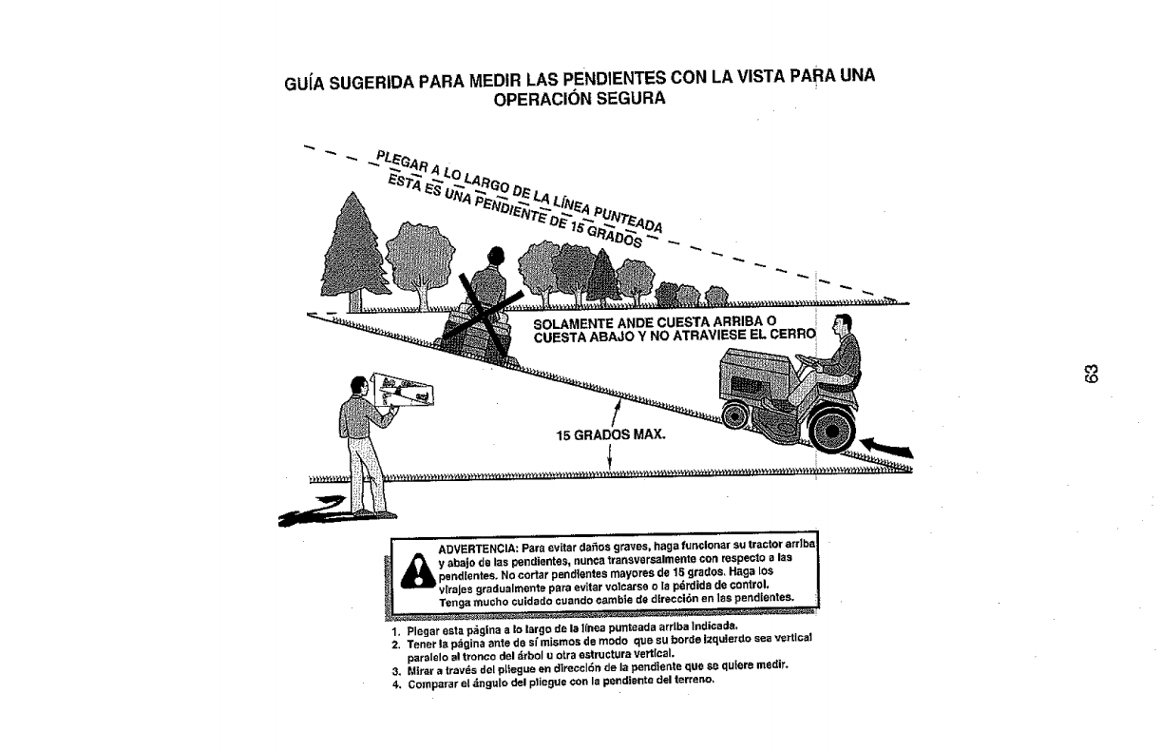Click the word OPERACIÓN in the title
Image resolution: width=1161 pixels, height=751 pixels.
coord(542,98)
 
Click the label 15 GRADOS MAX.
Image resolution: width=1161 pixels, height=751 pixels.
coord(611,436)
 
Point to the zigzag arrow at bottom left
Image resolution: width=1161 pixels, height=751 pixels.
coord(304,510)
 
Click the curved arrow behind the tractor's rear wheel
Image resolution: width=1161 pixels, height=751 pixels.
coord(889,446)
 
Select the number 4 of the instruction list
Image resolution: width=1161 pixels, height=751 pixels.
coord(392,681)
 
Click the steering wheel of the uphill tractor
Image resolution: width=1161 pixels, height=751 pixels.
coord(804,362)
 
